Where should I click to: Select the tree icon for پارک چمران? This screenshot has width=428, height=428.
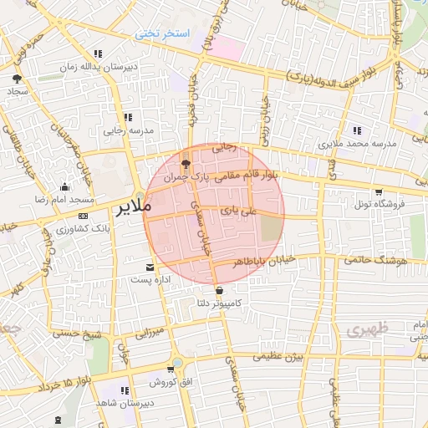coord(186,164)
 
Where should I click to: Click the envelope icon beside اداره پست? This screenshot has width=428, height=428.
coord(150,267)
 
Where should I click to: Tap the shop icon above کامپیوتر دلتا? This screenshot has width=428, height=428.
coord(219,291)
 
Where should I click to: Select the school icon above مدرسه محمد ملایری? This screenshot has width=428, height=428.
coord(357,130)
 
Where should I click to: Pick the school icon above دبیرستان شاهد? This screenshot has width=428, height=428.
coord(125,390)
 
